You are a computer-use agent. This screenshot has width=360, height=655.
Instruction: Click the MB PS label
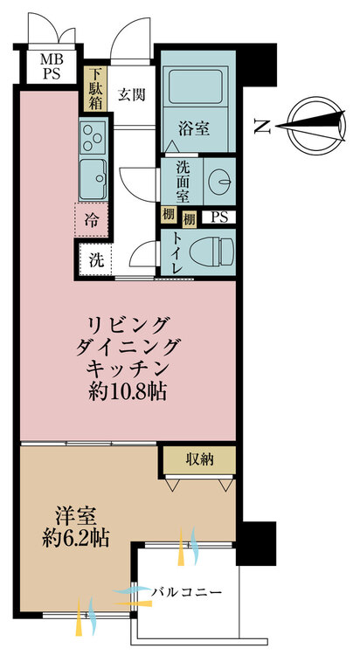point(51,66)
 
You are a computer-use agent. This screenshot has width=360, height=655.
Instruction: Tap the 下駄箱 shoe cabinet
point(96,88)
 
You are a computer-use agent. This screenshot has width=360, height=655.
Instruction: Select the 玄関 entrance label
point(131,95)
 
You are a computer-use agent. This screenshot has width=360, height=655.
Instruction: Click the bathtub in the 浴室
point(195,86)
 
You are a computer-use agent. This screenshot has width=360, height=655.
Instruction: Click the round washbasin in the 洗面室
point(219,182)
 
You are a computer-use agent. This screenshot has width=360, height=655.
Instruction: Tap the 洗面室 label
point(183,182)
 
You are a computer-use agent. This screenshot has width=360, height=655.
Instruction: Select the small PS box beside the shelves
point(218,217)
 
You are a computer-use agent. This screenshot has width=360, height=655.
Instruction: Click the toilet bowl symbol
point(211,252)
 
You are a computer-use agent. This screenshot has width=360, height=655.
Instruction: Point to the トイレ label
point(175,252)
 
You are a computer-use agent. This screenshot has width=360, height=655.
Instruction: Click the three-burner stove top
point(93,137)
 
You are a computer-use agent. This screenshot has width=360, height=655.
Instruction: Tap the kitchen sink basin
point(93,179)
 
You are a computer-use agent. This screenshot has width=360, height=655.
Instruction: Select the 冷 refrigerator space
point(92,220)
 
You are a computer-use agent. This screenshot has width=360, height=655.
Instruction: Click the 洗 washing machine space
point(96,260)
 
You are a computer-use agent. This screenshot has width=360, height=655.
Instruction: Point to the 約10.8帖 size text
point(127,392)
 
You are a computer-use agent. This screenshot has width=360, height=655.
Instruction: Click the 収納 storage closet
point(199,460)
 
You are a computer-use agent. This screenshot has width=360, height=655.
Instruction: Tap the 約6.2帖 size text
point(75,539)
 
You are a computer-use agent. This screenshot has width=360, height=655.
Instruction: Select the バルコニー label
point(186,592)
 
